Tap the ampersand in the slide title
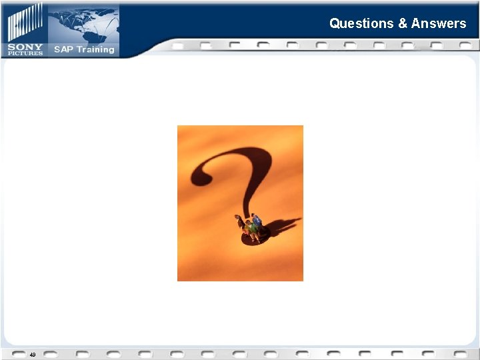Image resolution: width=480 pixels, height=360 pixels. point(403,23)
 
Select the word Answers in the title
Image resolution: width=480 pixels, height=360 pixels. point(439,23)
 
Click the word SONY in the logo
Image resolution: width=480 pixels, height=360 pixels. point(25,48)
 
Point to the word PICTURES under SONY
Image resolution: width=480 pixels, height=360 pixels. point(25,54)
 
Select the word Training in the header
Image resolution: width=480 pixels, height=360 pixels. point(95,50)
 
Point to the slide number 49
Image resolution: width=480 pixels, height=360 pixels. point(32,355)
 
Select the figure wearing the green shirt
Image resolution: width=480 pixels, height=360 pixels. point(251,230)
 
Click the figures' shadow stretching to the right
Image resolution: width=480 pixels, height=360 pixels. point(283,226)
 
